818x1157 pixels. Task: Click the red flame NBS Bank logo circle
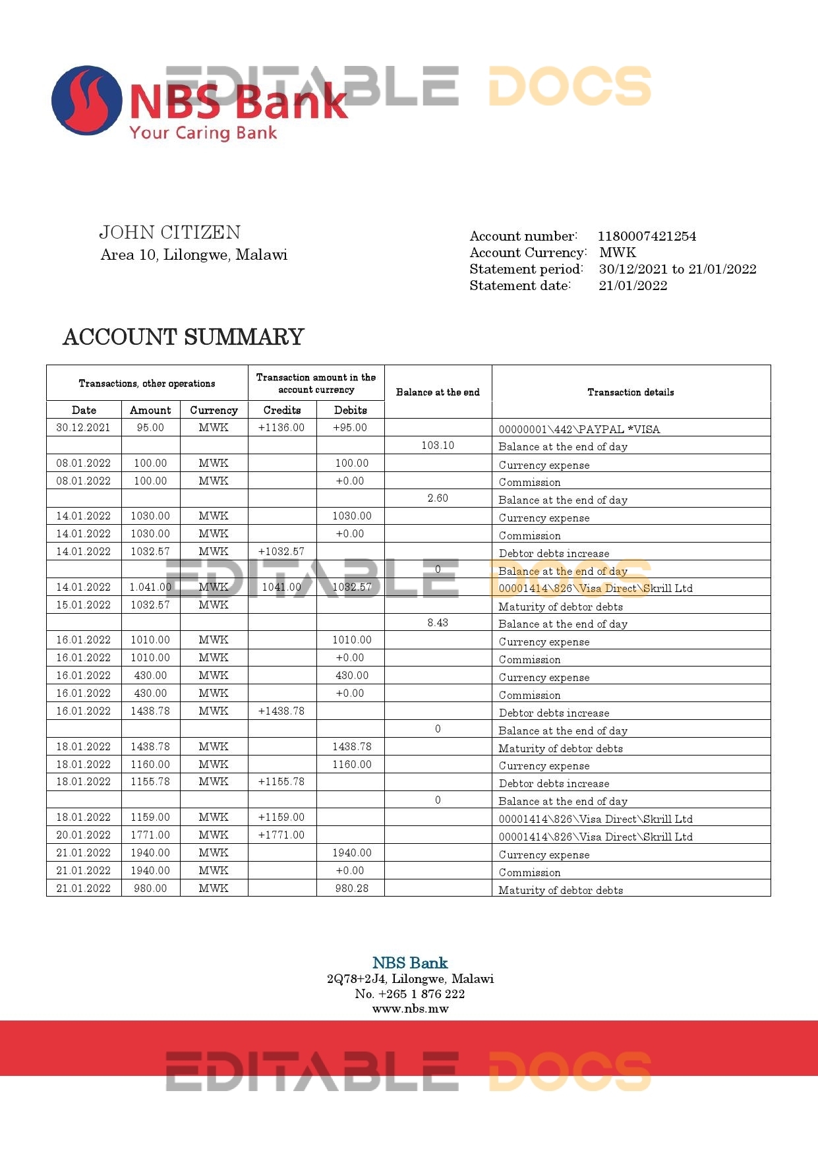pos(87,100)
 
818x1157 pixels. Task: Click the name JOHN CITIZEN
pos(170,233)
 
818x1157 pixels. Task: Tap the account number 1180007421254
pos(647,236)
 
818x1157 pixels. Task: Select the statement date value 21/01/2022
pos(633,285)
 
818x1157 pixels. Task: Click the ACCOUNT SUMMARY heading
pos(183,338)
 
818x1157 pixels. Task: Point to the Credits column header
pos(282,410)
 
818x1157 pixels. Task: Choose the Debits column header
pos(350,410)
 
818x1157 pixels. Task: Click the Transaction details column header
pos(630,392)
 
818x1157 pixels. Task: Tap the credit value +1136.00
pos(281,428)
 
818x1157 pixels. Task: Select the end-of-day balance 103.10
pos(438,446)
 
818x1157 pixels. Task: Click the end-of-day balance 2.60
pos(438,498)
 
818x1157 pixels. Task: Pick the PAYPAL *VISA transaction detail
pos(579,429)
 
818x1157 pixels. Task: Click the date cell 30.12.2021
pos(84,428)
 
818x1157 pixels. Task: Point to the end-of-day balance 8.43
pos(438,623)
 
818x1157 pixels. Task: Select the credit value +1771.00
pos(281,835)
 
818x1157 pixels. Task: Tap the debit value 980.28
pos(351,889)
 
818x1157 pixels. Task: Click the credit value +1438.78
pos(281,711)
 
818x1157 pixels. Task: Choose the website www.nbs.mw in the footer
pos(410,1009)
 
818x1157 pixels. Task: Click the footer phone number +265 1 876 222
pos(421,994)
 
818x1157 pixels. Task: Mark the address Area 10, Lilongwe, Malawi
pos(194,255)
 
